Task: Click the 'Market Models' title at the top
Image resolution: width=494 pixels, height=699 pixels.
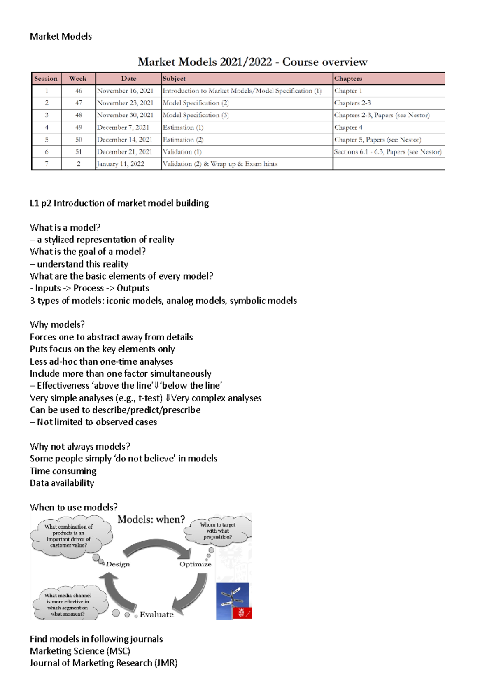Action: tap(61, 36)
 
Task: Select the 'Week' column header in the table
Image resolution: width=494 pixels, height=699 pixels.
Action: tap(78, 78)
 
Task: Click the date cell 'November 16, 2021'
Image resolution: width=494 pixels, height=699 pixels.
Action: tap(125, 91)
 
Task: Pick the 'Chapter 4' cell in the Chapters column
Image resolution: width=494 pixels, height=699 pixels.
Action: tap(348, 127)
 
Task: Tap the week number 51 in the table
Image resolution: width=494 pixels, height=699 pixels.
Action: tap(78, 152)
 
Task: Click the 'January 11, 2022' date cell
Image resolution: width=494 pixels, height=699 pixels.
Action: tap(121, 164)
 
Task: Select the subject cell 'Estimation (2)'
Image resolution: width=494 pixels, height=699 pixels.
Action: tap(183, 140)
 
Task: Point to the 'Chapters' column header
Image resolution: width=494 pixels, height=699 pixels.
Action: tap(348, 78)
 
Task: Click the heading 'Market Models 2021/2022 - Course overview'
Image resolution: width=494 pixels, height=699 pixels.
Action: tap(252, 62)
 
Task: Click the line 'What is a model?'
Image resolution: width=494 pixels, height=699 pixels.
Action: tap(65, 228)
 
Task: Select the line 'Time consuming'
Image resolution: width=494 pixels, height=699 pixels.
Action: tap(63, 471)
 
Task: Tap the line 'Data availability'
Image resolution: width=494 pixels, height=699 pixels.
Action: tap(62, 483)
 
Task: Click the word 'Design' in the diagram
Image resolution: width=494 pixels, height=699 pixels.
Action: tap(118, 564)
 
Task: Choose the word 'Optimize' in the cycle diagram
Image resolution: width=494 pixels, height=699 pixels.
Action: tap(195, 564)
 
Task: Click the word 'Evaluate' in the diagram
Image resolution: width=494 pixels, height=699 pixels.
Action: tap(156, 614)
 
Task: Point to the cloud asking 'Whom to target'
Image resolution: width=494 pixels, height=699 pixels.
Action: tap(217, 531)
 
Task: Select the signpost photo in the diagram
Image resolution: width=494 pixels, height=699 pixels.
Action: tap(233, 601)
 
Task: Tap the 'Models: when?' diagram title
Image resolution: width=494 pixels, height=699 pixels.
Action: tap(151, 520)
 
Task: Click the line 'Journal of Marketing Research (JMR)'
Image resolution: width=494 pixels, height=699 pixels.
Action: tap(103, 663)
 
